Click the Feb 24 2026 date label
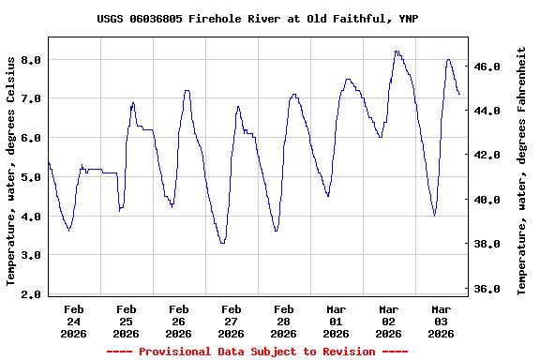(x=74, y=321)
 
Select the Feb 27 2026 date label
(x=231, y=321)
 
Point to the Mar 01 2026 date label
(x=336, y=321)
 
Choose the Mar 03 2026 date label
(x=441, y=321)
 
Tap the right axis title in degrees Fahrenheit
(x=522, y=170)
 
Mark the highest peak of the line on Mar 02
(x=397, y=52)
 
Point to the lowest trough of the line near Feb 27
(x=222, y=243)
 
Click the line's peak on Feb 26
(x=187, y=91)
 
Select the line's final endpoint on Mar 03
(x=459, y=95)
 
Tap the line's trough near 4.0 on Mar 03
(x=434, y=215)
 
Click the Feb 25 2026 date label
(x=126, y=321)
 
